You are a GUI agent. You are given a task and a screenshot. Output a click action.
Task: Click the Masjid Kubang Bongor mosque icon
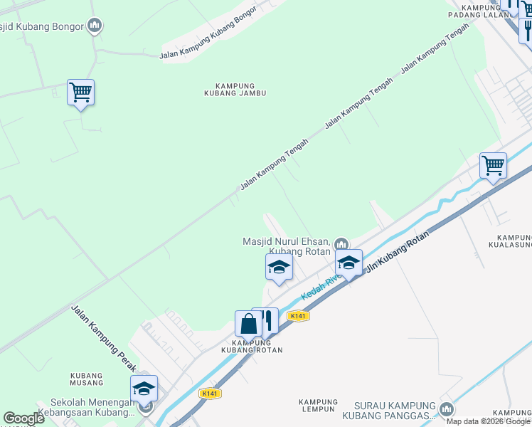(94, 27)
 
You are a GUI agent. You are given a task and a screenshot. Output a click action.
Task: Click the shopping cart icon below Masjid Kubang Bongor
(80, 93)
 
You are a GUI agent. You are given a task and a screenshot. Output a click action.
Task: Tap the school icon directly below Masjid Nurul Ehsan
(279, 268)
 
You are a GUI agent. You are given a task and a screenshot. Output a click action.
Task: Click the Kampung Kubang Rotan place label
(251, 346)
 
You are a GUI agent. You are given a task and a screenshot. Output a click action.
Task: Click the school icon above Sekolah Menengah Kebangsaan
(144, 389)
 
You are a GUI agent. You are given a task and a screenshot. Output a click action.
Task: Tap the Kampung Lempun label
(317, 405)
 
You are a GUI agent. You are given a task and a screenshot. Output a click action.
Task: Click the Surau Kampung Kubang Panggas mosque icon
(446, 409)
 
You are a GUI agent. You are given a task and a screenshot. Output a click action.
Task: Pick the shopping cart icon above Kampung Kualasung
(492, 166)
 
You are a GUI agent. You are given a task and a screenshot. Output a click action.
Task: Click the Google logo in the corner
(23, 418)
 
